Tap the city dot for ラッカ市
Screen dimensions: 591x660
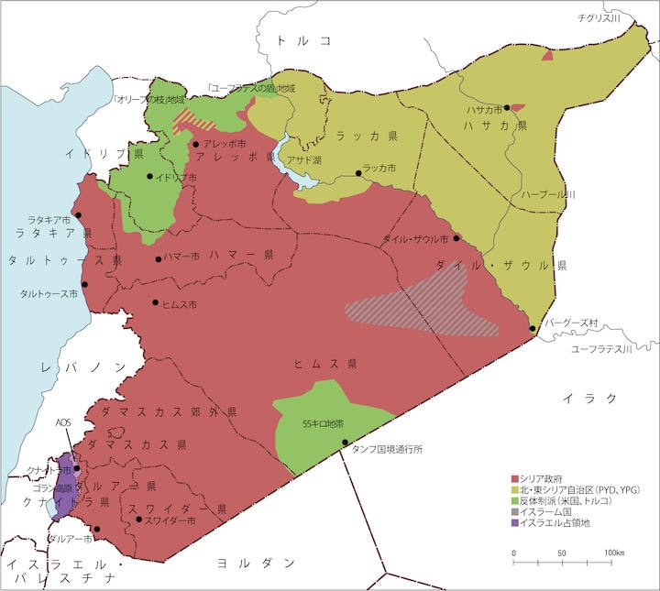click(x=357, y=172)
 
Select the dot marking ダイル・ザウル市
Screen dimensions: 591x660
click(x=456, y=238)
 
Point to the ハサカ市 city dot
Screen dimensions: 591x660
click(x=506, y=108)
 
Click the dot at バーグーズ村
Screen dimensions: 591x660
click(x=533, y=328)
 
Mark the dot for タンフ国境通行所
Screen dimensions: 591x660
click(x=345, y=443)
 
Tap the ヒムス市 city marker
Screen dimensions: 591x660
click(x=155, y=302)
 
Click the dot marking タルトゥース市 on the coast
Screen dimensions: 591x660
click(x=84, y=284)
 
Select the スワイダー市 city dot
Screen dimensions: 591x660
click(x=138, y=520)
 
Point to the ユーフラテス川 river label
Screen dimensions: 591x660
click(x=601, y=349)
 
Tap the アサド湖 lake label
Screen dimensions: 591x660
click(x=304, y=159)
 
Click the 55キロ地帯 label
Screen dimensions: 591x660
click(x=323, y=424)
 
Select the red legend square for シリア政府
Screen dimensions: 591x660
click(x=514, y=478)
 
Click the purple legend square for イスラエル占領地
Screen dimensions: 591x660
click(x=514, y=523)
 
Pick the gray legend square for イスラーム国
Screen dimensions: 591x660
click(x=514, y=512)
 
